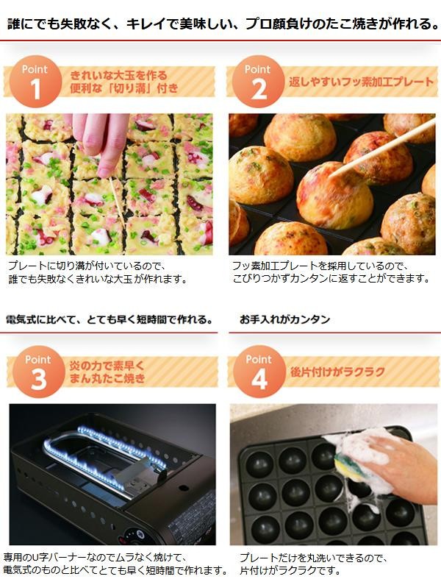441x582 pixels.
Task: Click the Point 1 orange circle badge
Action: point(35,82)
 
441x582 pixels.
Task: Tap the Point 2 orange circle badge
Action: point(258,82)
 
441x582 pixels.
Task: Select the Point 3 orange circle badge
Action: point(38,372)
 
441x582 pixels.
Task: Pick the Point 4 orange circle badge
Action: point(259,372)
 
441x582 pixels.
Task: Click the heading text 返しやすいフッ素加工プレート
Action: point(362,82)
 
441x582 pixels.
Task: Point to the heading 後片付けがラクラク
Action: point(338,372)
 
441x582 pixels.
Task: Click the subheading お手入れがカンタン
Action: point(285,319)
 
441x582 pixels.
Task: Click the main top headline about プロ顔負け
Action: point(223,24)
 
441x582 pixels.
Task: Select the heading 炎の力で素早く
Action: point(107,366)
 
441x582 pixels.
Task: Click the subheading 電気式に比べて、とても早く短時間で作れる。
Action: point(110,319)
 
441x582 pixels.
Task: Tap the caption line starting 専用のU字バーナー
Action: point(95,558)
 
